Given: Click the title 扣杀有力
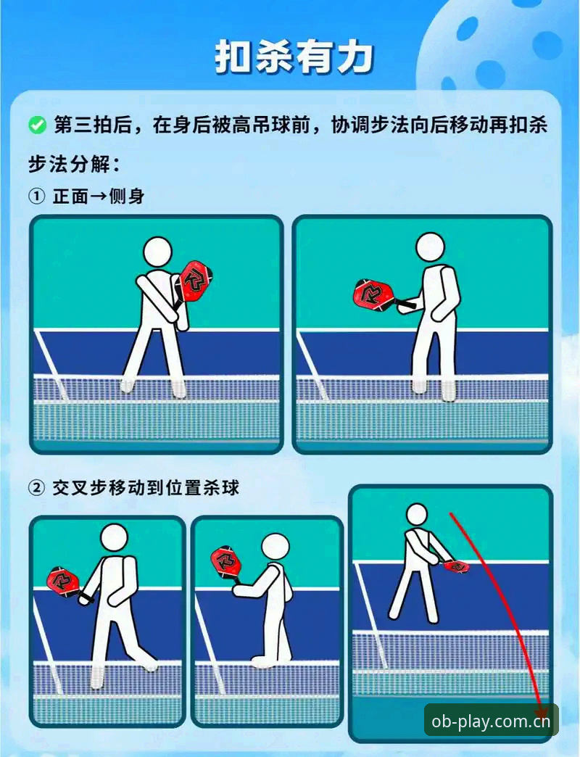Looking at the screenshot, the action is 294,58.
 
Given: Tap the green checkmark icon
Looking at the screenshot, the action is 37,125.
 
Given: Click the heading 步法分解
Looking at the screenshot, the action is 74,164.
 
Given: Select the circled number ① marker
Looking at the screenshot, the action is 37,197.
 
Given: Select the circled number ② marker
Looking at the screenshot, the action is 37,488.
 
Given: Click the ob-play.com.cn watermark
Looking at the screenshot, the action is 491,721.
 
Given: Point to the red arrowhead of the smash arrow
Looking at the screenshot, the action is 542,713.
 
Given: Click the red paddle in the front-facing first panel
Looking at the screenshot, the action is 195,282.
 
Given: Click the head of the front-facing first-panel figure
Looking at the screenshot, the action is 158,252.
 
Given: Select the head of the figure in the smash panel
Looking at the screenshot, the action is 416,516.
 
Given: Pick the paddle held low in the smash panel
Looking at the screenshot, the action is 456,566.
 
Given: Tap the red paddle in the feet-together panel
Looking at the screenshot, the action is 224,562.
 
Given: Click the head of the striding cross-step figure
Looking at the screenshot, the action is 115,537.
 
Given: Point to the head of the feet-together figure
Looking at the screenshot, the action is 275,547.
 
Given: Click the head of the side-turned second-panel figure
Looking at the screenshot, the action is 430,248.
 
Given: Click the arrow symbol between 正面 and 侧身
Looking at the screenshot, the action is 98,197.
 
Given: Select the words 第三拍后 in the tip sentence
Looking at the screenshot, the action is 93,125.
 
